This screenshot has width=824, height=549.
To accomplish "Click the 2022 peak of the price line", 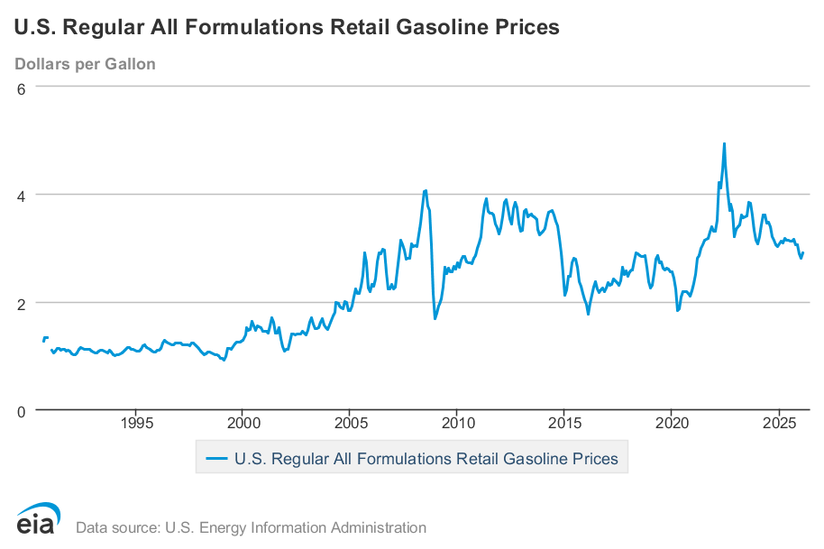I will click(724, 143).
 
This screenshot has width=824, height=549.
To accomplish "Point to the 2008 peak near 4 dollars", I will click(426, 190).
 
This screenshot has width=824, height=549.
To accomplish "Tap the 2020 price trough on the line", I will click(678, 310).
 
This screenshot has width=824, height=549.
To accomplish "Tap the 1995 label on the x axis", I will click(136, 424).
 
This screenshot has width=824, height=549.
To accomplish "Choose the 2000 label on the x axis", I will click(243, 424).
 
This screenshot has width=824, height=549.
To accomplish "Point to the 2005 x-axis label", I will click(350, 424).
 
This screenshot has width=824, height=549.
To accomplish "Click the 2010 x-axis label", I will click(457, 424).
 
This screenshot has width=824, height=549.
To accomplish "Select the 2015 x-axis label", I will click(564, 424).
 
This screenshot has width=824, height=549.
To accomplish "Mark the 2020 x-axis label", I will click(672, 424).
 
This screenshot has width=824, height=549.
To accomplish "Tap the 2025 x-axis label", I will click(779, 424).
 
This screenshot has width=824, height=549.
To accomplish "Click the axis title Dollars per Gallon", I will click(85, 64).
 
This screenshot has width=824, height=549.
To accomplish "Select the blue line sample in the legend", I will click(216, 458).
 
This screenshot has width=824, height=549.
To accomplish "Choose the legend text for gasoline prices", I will click(426, 458).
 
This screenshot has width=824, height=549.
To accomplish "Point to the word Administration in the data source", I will click(372, 527).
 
